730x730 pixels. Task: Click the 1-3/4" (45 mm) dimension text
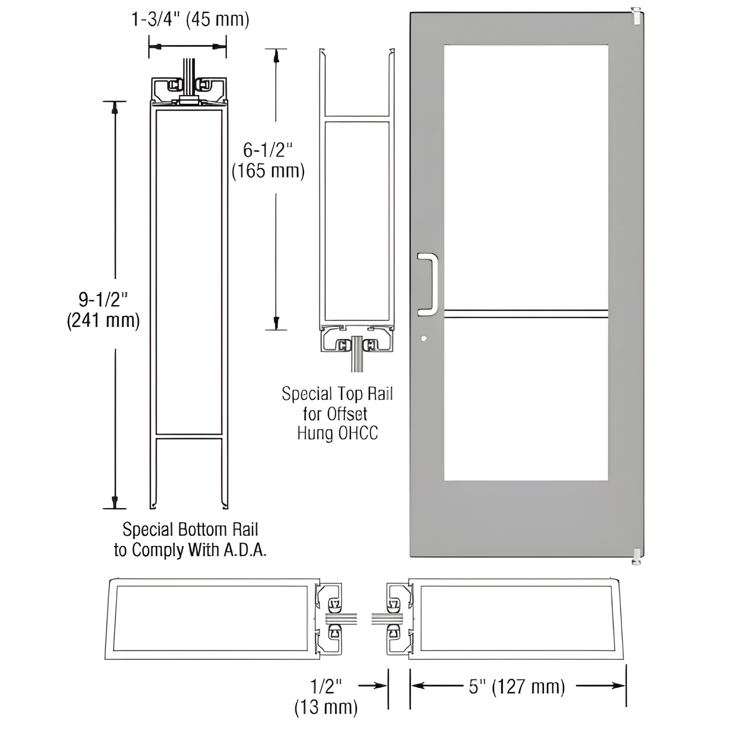[190, 20]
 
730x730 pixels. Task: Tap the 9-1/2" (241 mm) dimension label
[103, 310]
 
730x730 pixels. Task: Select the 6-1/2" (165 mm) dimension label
[268, 160]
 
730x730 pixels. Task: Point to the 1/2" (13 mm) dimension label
[326, 696]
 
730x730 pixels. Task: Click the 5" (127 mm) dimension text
[517, 687]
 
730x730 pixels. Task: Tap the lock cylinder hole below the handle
[424, 338]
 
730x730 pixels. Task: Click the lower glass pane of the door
[525, 399]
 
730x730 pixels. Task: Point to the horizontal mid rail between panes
[525, 314]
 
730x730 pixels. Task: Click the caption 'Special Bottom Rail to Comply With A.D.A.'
[190, 540]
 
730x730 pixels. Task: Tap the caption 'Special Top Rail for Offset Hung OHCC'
[337, 413]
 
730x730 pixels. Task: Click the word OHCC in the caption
[359, 433]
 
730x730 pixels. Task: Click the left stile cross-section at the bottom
[212, 619]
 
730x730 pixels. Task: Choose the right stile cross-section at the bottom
[515, 619]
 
